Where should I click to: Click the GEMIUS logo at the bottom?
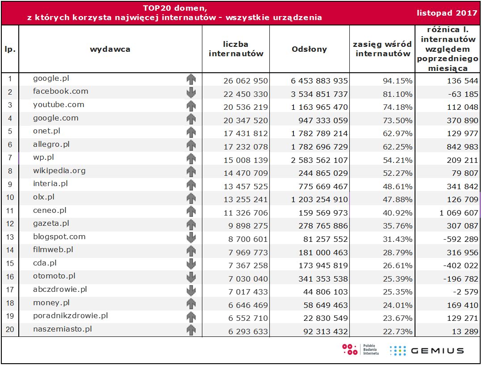[427, 350]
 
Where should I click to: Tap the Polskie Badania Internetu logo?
[361, 349]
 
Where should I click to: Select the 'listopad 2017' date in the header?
[447, 12]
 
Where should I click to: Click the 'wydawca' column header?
[110, 49]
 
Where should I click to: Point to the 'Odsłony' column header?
[309, 49]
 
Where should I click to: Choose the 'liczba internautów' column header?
[236, 49]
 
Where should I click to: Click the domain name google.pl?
[51, 79]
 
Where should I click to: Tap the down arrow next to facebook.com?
[191, 93]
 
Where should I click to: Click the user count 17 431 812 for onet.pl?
[246, 133]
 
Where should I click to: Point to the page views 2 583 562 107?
[319, 160]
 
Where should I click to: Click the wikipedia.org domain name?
[59, 171]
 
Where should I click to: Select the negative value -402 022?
[461, 265]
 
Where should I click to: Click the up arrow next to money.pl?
[191, 304]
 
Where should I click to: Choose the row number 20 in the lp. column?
[10, 330]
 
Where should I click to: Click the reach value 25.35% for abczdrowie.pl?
[398, 292]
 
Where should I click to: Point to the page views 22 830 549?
[323, 318]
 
